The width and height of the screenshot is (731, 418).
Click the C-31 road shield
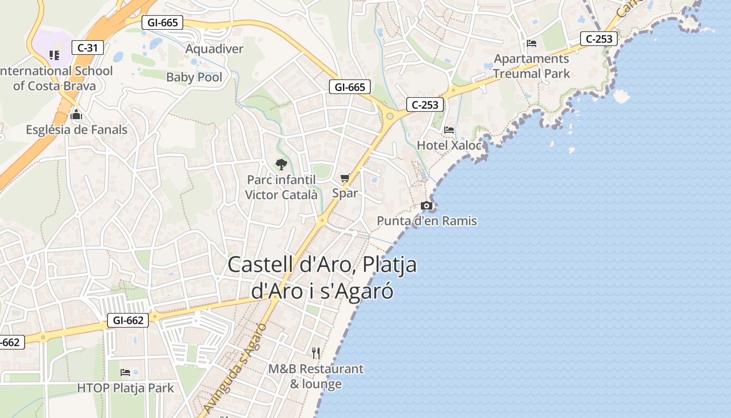[x=88, y=48]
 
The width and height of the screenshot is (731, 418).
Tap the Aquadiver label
[x=215, y=49]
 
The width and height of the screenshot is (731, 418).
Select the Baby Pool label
[x=194, y=77]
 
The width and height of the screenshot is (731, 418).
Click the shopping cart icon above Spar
[x=345, y=178]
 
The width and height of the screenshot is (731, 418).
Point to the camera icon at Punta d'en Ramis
[x=427, y=206]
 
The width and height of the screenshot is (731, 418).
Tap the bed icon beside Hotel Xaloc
[x=449, y=130]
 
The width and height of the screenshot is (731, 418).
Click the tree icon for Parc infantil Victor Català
[x=281, y=165]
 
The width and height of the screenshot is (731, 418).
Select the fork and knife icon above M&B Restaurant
[x=316, y=353]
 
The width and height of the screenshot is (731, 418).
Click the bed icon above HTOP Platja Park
[x=125, y=373]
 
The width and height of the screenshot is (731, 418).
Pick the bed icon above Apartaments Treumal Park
[x=532, y=43]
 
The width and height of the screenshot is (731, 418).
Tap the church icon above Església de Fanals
[x=76, y=114]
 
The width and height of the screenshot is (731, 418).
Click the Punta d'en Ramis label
[x=427, y=221]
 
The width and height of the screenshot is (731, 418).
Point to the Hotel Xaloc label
[x=449, y=145]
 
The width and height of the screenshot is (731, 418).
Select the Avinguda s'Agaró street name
[x=235, y=369]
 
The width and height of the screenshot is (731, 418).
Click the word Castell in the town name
[x=260, y=264]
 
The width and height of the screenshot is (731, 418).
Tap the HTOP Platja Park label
[x=125, y=388]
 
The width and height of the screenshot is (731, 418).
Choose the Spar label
[x=345, y=193]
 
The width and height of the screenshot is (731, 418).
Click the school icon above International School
[x=54, y=55]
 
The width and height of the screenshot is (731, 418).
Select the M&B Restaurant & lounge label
[x=316, y=376]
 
